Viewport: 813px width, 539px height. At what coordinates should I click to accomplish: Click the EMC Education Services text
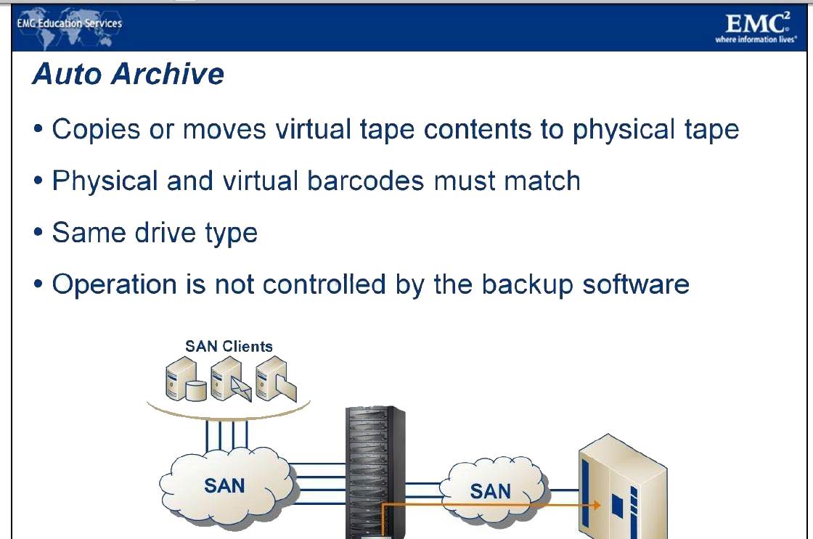point(70,23)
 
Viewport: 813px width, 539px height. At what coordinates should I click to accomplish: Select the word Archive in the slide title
point(168,73)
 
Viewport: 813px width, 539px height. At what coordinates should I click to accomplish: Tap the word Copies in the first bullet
point(96,129)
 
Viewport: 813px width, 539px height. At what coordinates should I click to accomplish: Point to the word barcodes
point(366,181)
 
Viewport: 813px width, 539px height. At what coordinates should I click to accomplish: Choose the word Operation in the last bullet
point(115,285)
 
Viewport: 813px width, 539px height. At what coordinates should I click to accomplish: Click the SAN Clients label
point(229,346)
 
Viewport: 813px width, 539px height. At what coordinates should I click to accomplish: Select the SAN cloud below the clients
point(226,485)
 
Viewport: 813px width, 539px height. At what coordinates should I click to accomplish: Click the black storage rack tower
point(375,472)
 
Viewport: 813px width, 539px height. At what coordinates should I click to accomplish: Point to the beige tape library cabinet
point(622,487)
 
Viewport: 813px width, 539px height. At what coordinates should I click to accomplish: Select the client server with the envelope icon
point(230,379)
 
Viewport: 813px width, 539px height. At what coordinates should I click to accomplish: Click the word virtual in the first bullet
point(313,129)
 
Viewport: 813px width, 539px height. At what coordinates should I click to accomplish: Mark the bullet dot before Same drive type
point(38,232)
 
